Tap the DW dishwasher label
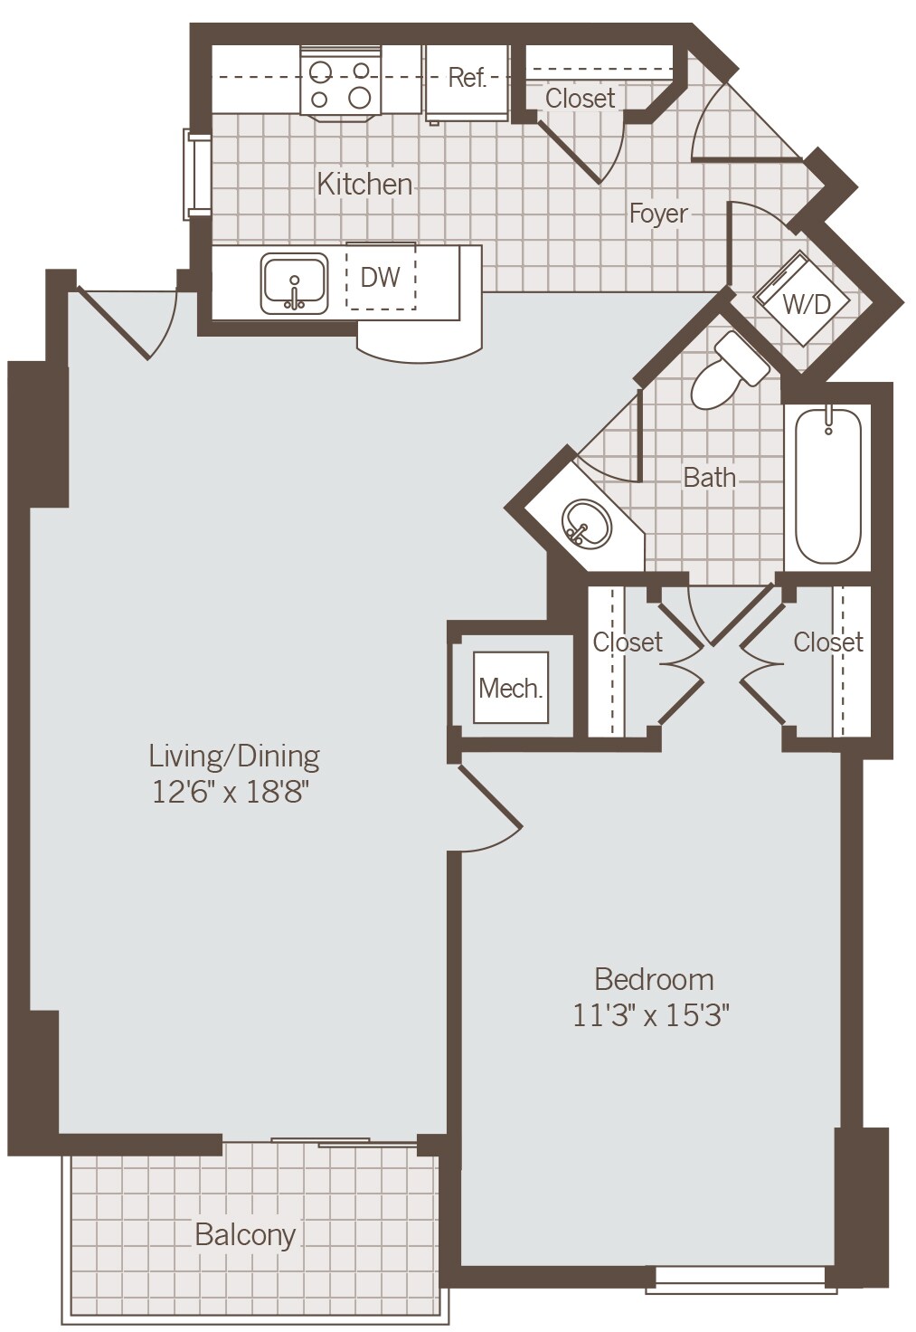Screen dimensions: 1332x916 tap(380, 277)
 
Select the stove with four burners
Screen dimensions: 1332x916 tap(339, 83)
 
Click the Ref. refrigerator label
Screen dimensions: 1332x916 tap(467, 78)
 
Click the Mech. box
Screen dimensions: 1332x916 tap(511, 689)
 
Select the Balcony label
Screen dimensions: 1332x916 tap(245, 1234)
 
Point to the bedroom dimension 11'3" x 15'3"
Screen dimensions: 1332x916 tap(651, 1015)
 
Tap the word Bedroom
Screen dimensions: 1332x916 tap(654, 979)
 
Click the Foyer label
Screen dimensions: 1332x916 tap(658, 214)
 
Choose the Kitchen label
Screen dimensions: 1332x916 tap(364, 184)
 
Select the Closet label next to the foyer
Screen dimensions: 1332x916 tap(580, 98)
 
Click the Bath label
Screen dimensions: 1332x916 tap(709, 477)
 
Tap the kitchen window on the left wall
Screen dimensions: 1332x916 tap(197, 175)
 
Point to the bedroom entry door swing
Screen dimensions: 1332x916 tap(488, 814)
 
